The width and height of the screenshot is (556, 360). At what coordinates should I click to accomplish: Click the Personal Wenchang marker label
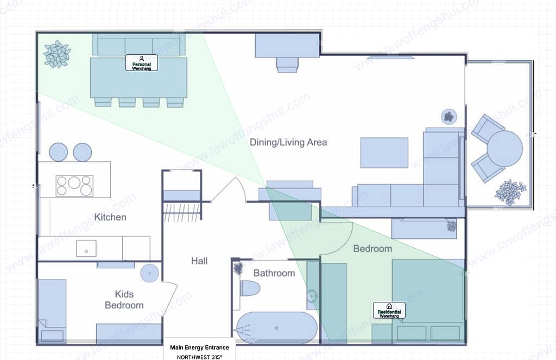click(x=141, y=62)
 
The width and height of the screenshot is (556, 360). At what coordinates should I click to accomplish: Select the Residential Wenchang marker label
click(x=389, y=310)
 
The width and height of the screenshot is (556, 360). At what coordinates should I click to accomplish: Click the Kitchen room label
click(x=110, y=217)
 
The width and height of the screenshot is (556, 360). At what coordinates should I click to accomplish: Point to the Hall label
click(x=199, y=261)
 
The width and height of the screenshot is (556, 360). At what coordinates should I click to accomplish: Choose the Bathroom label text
click(x=274, y=273)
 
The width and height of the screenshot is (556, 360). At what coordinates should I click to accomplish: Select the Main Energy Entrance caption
click(x=199, y=348)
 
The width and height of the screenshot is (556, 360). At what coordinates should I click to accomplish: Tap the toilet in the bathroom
click(x=250, y=288)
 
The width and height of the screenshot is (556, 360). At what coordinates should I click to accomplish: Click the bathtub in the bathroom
click(x=276, y=328)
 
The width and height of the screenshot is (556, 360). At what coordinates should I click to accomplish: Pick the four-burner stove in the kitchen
click(x=74, y=185)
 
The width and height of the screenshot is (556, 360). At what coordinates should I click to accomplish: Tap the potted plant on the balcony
click(x=510, y=192)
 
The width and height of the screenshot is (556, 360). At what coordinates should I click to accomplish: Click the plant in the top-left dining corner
click(x=57, y=54)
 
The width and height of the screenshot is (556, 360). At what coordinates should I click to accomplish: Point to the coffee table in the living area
click(x=384, y=153)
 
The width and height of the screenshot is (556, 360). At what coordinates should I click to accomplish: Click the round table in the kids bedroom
click(x=149, y=273)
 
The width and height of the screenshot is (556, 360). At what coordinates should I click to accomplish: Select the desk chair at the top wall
click(x=287, y=65)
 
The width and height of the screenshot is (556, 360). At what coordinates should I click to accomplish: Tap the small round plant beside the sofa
click(x=448, y=116)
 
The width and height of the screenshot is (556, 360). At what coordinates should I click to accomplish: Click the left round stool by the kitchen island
click(x=59, y=152)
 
